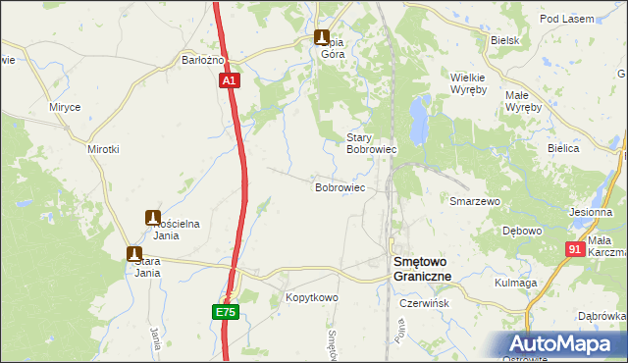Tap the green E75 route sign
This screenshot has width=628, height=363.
[225, 312]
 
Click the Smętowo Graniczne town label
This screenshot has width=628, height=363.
[422, 269]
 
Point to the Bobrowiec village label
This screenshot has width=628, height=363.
[340, 186]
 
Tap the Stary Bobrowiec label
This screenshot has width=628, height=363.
[371, 143]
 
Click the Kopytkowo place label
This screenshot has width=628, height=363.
[311, 296]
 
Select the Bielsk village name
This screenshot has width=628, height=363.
[504, 40]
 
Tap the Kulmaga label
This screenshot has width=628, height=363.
[515, 283]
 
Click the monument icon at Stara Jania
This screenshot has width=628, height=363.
[134, 252]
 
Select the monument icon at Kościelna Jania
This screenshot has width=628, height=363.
[154, 217]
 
